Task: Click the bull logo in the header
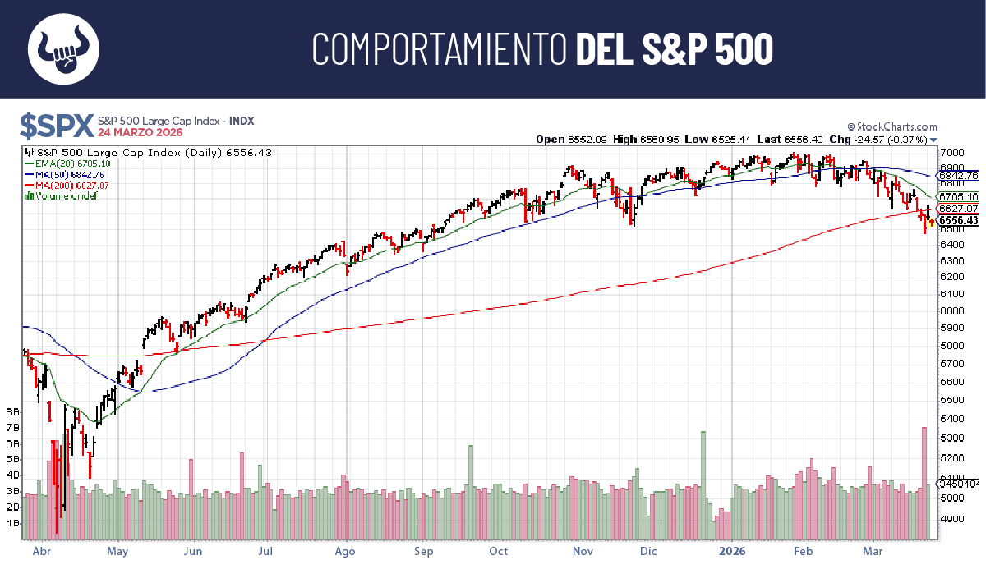click(x=63, y=48)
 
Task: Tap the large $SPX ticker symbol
click(x=56, y=126)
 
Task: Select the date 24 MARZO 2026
click(x=141, y=132)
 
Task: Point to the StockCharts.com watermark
click(x=895, y=126)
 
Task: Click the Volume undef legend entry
click(x=62, y=196)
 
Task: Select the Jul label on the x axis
click(x=266, y=552)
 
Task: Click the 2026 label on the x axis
click(x=731, y=552)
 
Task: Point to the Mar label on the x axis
click(x=873, y=552)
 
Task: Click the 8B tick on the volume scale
click(x=12, y=411)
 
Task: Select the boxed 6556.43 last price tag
click(x=957, y=220)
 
